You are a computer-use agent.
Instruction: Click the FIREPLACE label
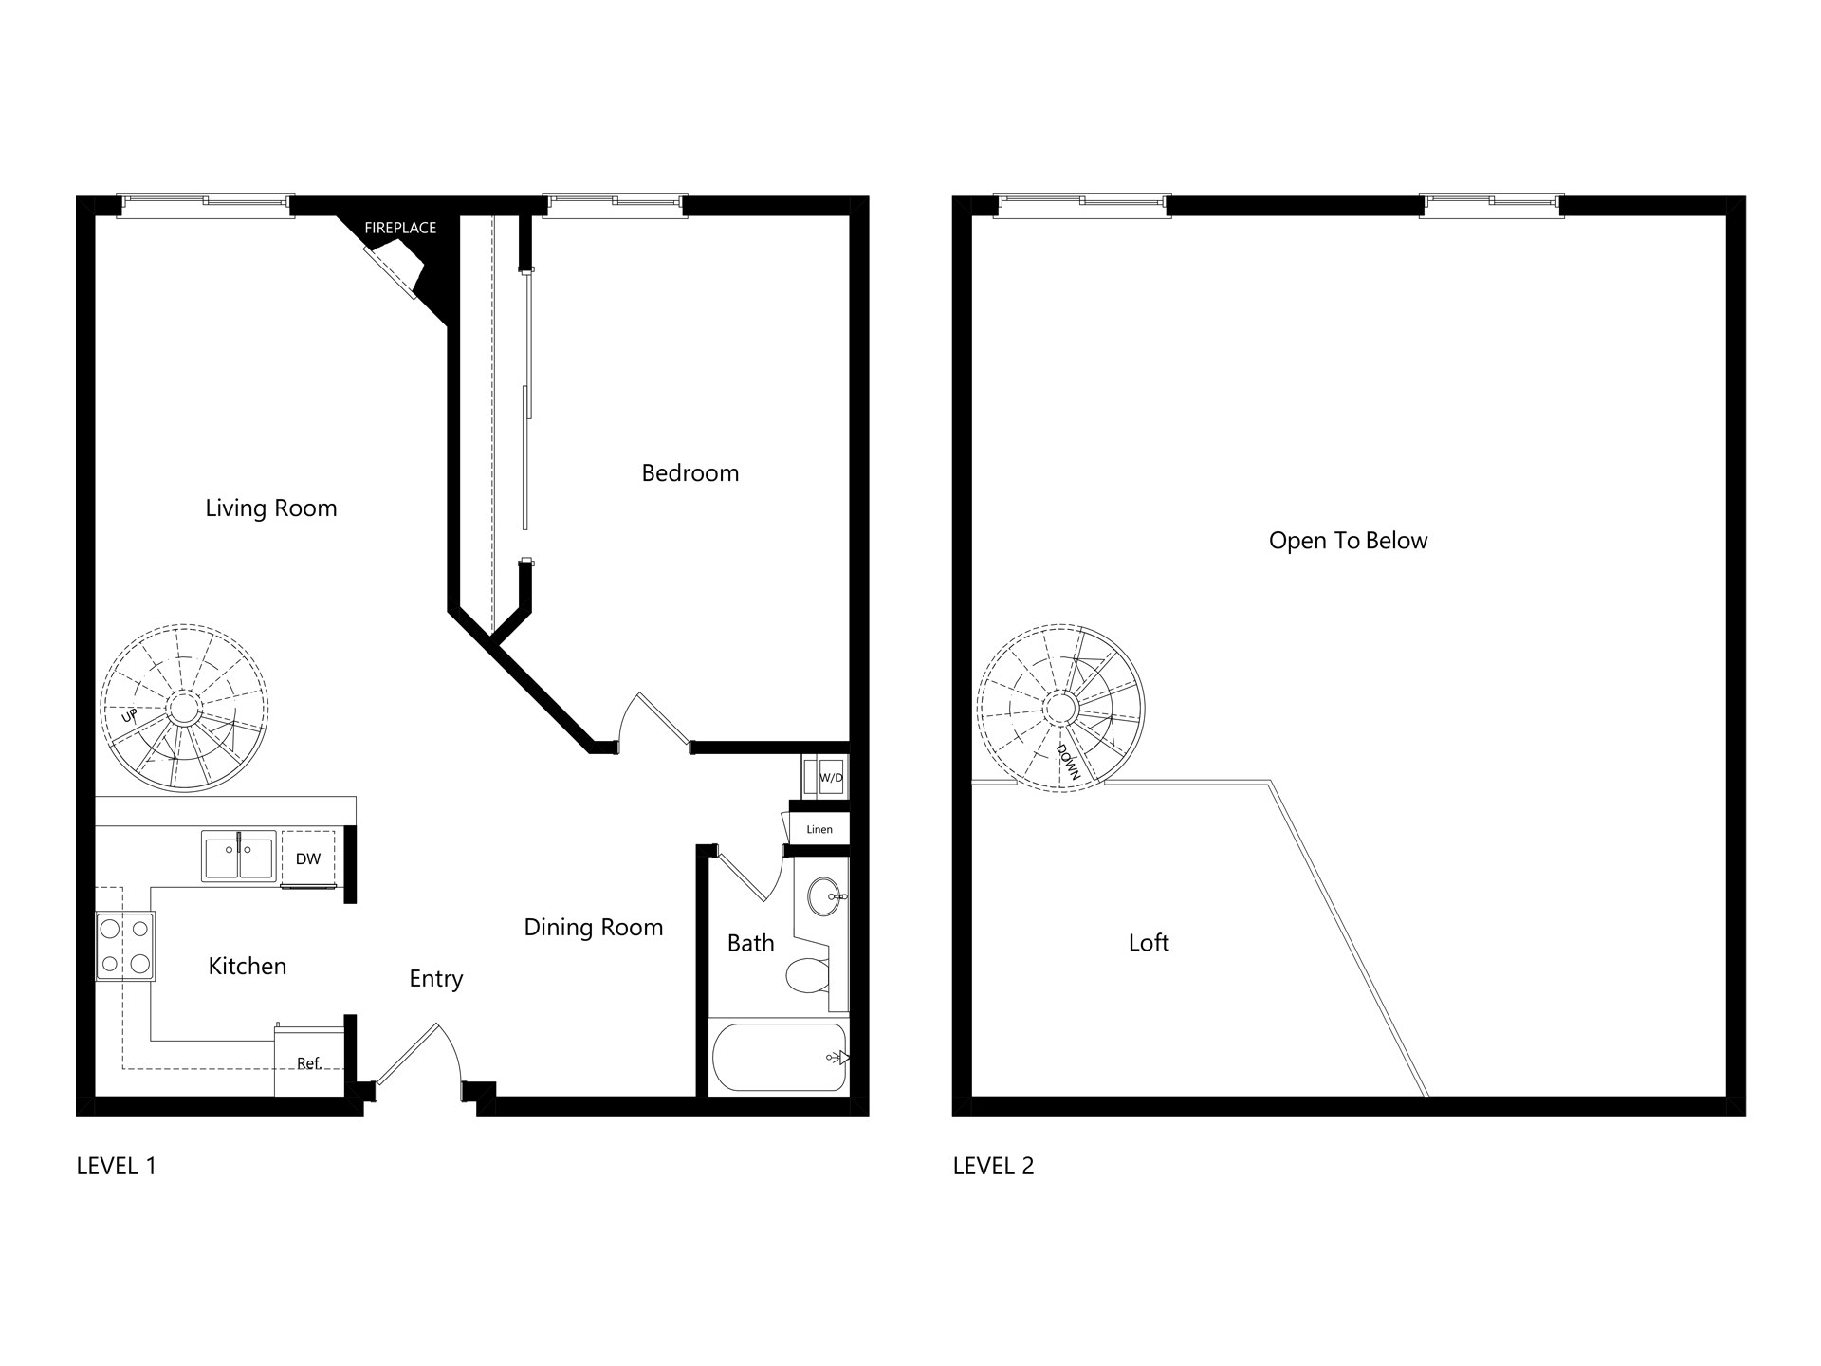point(400,228)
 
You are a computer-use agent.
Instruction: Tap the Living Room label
point(271,508)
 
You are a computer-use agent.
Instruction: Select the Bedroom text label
point(690,472)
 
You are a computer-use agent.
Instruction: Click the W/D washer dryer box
point(823,777)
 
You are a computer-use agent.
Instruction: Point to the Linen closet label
point(819,829)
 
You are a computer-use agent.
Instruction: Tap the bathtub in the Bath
point(780,1057)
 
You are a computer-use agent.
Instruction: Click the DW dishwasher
point(308,858)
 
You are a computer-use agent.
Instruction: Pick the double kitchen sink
point(239,856)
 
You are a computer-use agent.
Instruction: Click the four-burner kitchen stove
point(125,946)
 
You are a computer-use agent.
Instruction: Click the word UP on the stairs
point(130,715)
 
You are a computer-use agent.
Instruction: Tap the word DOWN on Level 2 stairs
point(1069,762)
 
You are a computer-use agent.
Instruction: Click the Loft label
point(1149,943)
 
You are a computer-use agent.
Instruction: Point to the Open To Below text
point(1348,541)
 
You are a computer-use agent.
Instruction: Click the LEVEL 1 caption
point(116,1166)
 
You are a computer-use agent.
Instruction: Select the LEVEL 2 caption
point(993,1166)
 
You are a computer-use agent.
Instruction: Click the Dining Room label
point(594,928)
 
